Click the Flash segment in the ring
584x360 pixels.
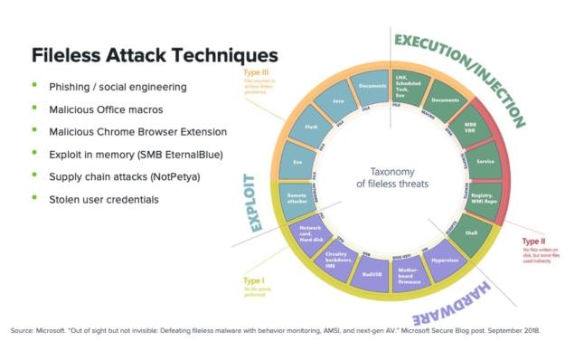pos(312,128)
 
